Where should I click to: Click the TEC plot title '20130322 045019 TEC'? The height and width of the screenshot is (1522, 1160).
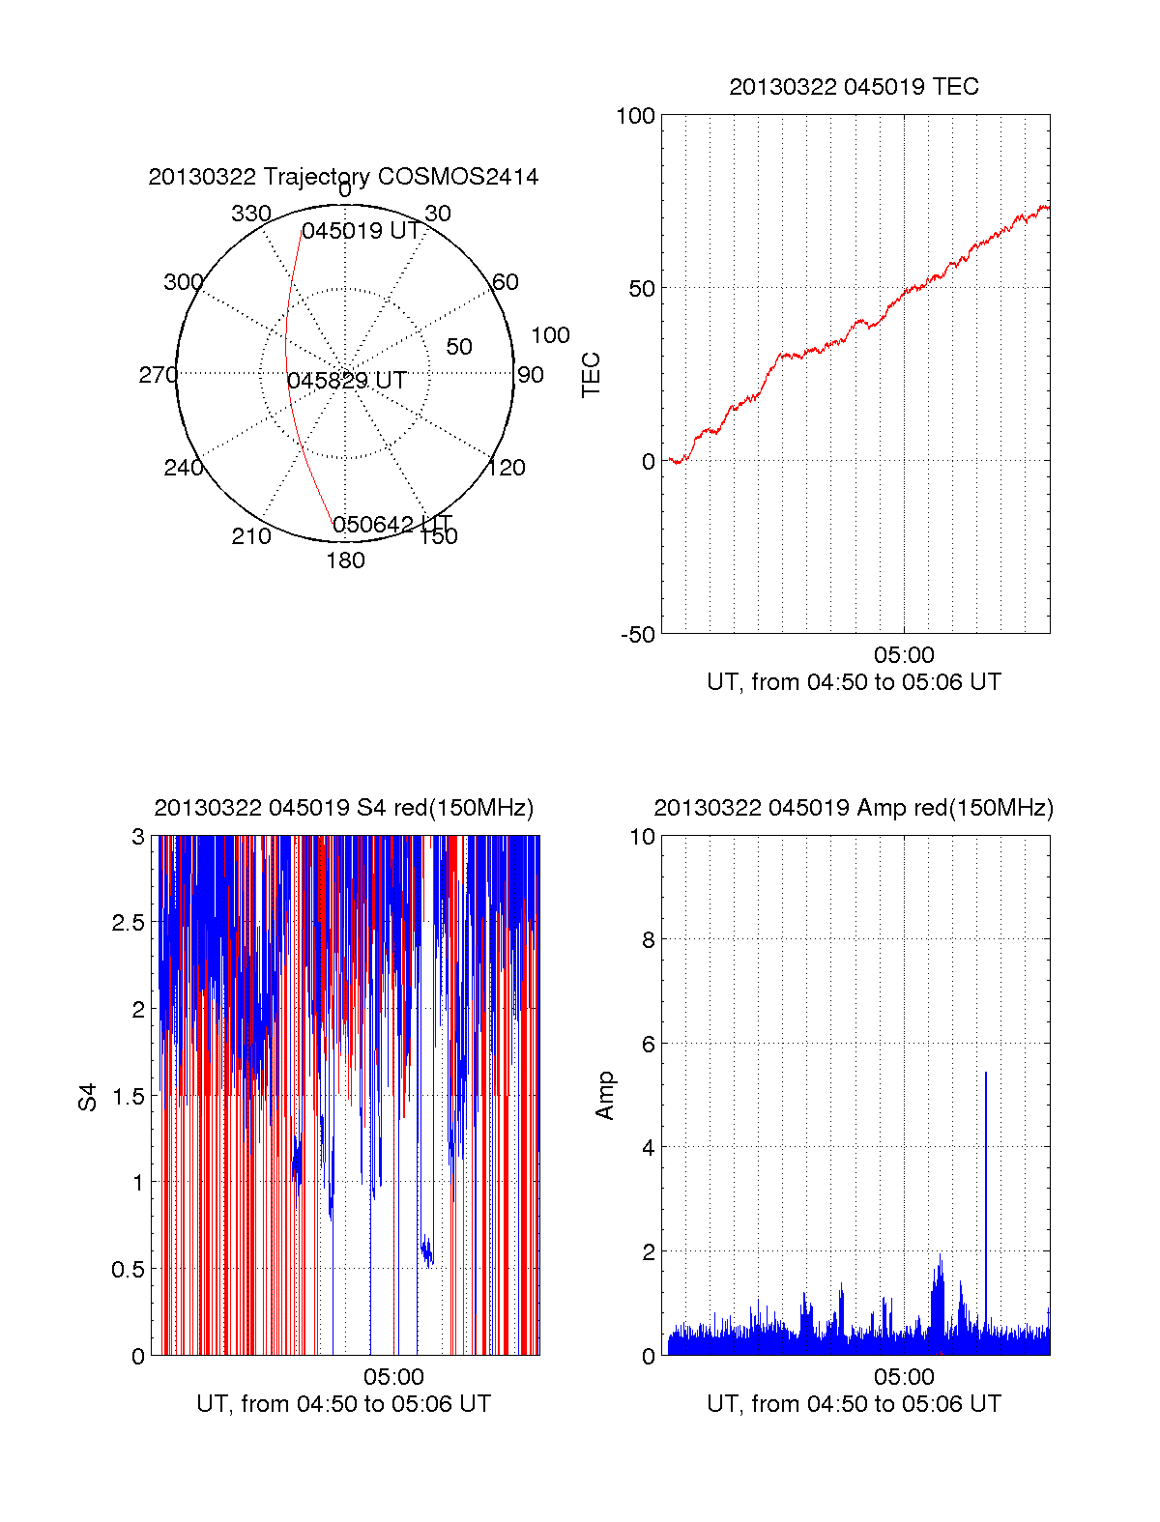click(854, 87)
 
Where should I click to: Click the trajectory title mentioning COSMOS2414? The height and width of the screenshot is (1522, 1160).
click(343, 177)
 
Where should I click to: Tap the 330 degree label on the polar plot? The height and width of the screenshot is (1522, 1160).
click(250, 214)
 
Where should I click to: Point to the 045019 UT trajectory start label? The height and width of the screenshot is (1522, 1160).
click(361, 232)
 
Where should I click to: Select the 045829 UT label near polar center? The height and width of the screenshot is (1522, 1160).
click(346, 381)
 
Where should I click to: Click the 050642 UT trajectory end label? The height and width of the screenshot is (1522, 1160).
click(391, 525)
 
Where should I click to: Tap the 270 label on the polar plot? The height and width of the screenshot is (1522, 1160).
click(158, 375)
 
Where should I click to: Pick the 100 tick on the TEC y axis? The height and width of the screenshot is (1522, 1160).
click(635, 116)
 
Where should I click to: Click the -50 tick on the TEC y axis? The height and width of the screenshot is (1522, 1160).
click(637, 635)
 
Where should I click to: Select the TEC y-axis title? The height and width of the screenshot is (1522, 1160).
click(591, 375)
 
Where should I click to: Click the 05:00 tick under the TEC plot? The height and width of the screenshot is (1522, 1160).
click(904, 656)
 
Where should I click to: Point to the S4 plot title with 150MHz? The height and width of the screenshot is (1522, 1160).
click(343, 808)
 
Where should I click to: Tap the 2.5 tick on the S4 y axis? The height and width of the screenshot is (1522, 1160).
click(129, 923)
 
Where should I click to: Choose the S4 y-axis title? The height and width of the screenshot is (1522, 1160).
click(88, 1097)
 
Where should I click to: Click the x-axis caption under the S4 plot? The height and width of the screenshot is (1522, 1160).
click(343, 1404)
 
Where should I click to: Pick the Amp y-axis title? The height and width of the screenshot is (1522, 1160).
click(605, 1096)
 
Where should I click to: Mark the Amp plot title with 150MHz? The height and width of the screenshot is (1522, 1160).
click(854, 808)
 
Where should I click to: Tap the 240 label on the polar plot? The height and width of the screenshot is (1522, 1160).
click(183, 468)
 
